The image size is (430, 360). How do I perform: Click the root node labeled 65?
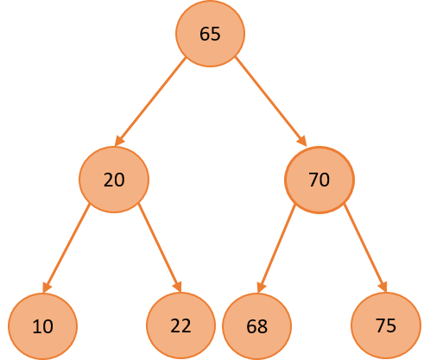pos(210,34)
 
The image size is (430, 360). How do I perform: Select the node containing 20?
pos(114,180)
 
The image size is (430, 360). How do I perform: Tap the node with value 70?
pos(319,180)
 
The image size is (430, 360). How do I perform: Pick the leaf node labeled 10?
pos(42,326)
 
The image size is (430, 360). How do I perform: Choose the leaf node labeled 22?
pos(180,325)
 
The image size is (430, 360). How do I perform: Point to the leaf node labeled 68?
pos(256,326)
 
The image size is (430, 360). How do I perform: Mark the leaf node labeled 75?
pos(386,325)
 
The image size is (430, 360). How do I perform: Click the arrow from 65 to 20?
pos(150,102)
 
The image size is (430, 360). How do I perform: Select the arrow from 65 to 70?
pos(271,102)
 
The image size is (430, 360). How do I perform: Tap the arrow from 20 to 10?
pos(66,249)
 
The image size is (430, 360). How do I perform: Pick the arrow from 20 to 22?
pos(160,248)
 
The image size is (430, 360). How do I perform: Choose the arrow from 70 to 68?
pos(276,249)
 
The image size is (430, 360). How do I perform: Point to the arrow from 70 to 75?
pos(365,248)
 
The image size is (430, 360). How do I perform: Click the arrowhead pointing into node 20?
pos(118,141)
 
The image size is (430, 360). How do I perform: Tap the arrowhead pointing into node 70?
pos(302,141)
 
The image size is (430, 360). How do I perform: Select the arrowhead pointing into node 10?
pos(46,287)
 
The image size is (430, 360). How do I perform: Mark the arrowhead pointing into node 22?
pos(178,287)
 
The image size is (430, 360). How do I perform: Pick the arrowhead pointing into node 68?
pos(261,287)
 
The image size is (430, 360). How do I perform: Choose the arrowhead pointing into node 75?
pos(383,287)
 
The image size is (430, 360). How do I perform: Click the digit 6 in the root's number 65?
pos(205,34)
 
